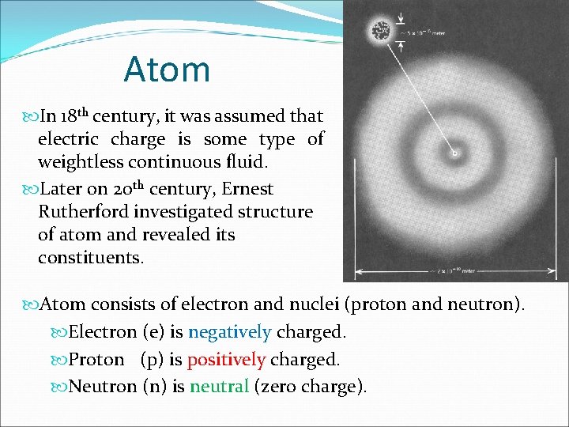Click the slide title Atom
[x=167, y=70]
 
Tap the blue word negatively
[x=229, y=333]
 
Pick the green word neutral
[x=219, y=387]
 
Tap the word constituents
[x=91, y=258]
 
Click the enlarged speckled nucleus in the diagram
[x=381, y=32]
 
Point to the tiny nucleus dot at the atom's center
[x=454, y=153]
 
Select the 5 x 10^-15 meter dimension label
[x=434, y=33]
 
